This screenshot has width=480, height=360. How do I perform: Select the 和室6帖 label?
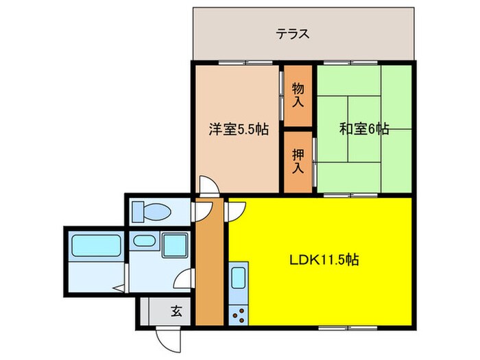[363, 129]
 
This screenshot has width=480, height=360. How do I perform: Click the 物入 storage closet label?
[298, 95]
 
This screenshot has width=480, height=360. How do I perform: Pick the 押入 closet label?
[298, 162]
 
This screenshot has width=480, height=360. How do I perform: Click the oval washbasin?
[145, 241]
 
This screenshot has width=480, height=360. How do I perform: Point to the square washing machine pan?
[176, 245]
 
